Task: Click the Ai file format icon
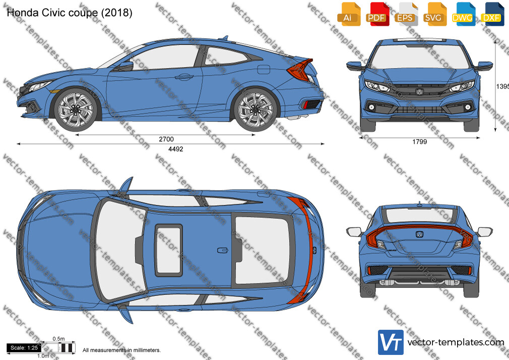(x=349, y=14)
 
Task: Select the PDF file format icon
(x=377, y=14)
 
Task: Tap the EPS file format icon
(x=406, y=14)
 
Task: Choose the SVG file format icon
(x=434, y=14)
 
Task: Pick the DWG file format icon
(x=464, y=14)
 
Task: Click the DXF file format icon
(x=492, y=14)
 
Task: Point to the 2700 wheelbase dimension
(x=166, y=139)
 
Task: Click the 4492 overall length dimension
(x=175, y=149)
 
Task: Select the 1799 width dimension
(x=419, y=142)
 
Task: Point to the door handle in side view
(x=184, y=77)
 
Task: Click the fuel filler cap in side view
(x=263, y=69)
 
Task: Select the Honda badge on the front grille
(x=419, y=92)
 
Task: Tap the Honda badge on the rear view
(x=419, y=234)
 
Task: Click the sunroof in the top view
(x=168, y=250)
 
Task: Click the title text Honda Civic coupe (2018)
(x=70, y=13)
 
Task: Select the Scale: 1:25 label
(x=24, y=348)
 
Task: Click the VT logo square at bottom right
(x=391, y=342)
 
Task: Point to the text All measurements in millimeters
(x=121, y=350)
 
